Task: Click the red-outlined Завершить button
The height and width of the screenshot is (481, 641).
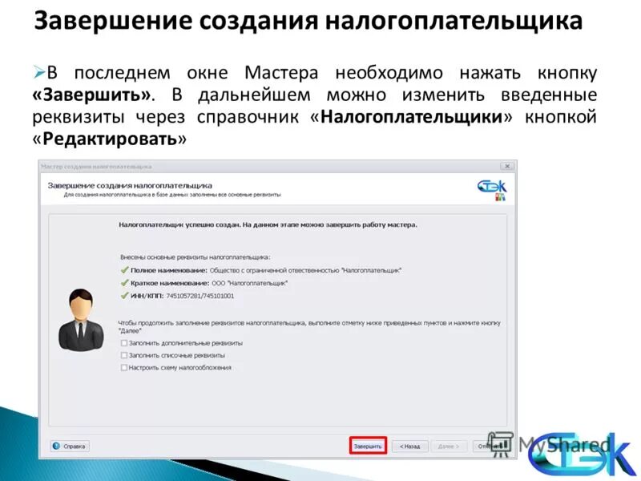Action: click(368, 446)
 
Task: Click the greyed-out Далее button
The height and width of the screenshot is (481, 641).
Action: click(448, 446)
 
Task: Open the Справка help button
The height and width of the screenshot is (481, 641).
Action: click(71, 446)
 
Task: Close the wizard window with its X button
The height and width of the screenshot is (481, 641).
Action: click(506, 166)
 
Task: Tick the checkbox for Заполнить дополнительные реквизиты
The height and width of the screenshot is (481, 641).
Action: click(124, 343)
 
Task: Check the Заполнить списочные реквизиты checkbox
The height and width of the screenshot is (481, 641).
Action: click(124, 355)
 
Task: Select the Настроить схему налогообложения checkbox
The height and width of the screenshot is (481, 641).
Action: click(124, 368)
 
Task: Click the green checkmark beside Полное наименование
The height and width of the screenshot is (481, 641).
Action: click(124, 271)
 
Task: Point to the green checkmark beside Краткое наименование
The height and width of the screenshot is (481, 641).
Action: click(124, 284)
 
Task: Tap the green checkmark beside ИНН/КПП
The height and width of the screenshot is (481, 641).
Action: click(124, 296)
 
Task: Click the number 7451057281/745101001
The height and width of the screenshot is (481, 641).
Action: click(200, 296)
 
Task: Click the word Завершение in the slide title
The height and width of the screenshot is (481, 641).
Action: click(101, 21)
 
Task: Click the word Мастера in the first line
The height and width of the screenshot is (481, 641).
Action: click(284, 73)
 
